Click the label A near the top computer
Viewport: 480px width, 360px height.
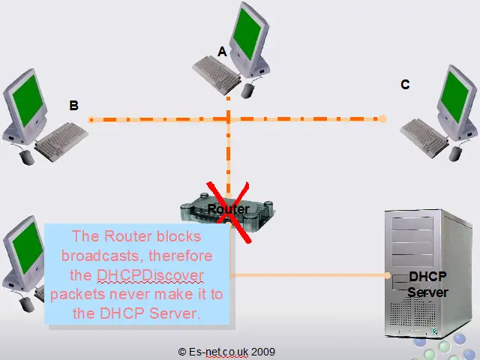(222, 52)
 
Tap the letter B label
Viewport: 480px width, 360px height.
(73, 106)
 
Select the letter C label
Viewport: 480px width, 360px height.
(405, 85)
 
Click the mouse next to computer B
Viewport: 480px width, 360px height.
(27, 157)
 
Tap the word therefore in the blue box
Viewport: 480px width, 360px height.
(179, 256)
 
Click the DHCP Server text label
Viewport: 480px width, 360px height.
(427, 283)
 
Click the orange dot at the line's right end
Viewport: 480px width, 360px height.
(382, 118)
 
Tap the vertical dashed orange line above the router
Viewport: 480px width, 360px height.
(227, 157)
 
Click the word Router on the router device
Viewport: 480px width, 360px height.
(228, 208)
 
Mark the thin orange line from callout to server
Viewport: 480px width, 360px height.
(307, 274)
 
